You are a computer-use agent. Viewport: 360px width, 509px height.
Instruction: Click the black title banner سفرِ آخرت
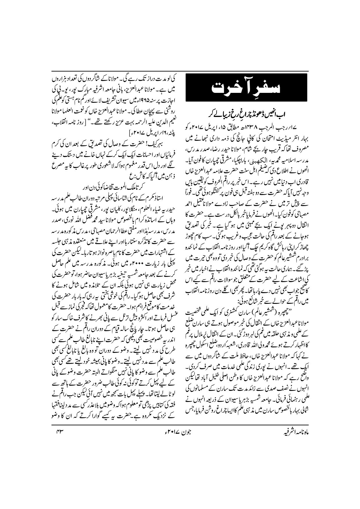(246, 87)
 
